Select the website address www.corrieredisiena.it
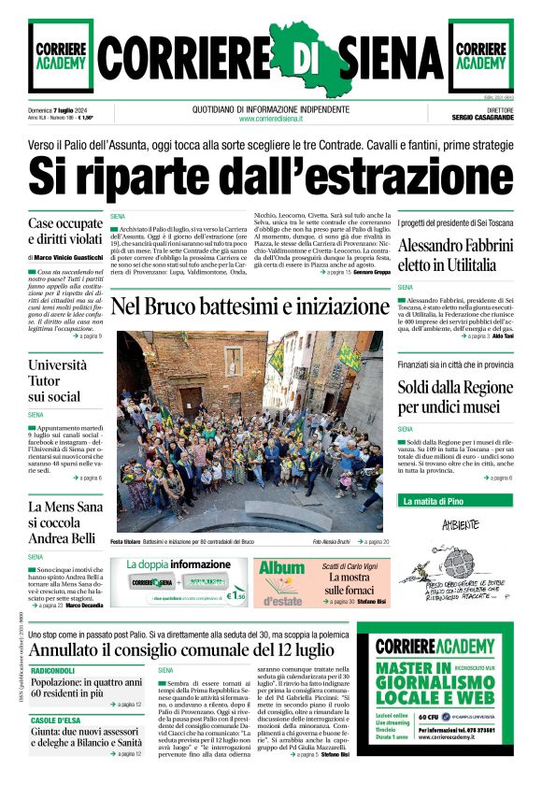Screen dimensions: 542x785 [x=271, y=119]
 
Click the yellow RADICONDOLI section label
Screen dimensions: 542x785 [x=52, y=672]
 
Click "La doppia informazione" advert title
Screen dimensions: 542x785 [x=178, y=564]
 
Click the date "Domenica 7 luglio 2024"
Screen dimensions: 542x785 [x=60, y=110]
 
